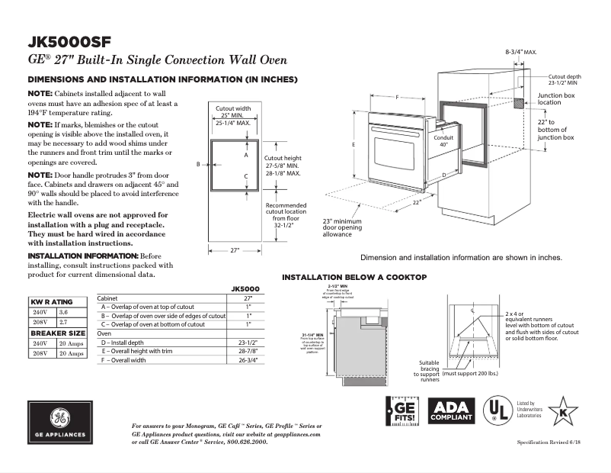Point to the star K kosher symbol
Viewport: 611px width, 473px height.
click(x=563, y=411)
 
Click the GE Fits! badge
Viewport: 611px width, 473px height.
click(x=403, y=412)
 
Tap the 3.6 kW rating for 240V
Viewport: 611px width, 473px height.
click(x=64, y=312)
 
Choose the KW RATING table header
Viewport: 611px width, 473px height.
click(x=51, y=302)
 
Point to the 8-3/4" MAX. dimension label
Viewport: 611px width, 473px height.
click(x=521, y=52)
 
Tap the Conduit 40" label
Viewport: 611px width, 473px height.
click(x=443, y=141)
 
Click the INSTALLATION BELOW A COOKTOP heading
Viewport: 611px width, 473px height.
click(x=354, y=277)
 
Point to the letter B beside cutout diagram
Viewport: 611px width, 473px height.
click(x=197, y=164)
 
